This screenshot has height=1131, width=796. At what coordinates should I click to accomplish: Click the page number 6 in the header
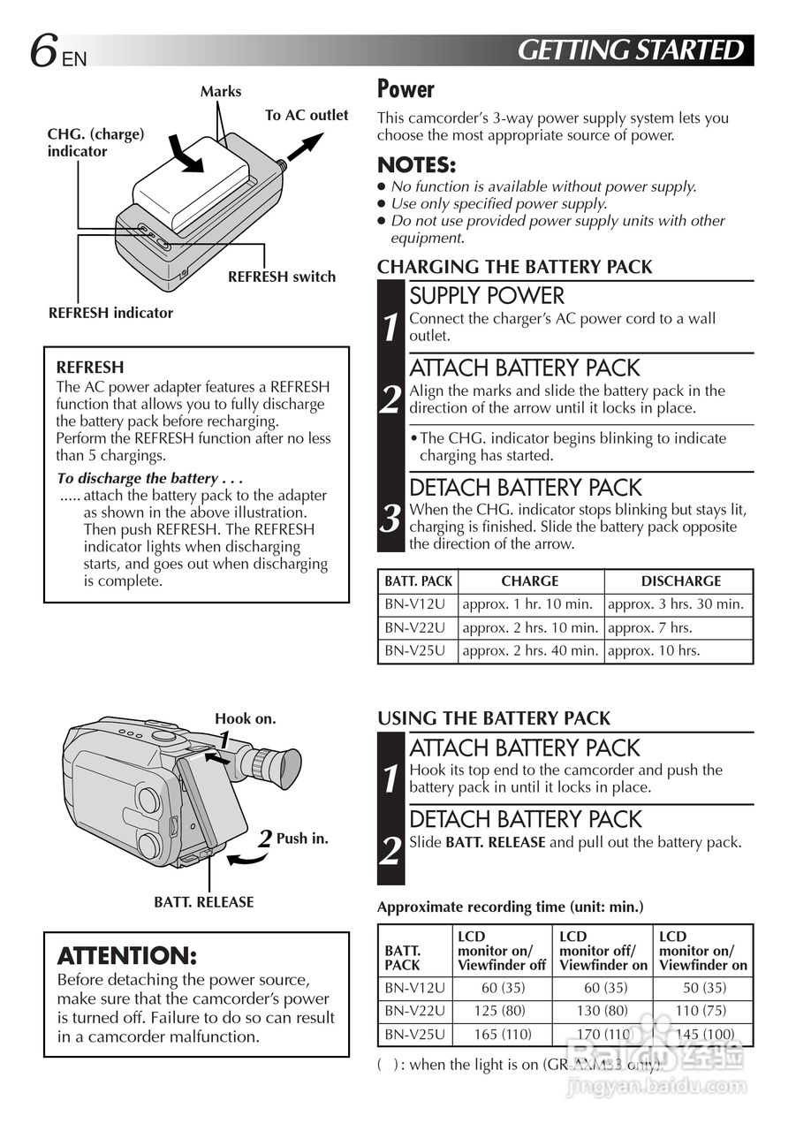pos(43,51)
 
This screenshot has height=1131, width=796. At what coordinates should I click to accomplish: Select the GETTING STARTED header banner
pos(630,50)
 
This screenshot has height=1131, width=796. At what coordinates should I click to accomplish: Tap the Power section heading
pos(406,89)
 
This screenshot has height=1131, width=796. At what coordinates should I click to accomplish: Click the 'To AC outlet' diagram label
pos(307,115)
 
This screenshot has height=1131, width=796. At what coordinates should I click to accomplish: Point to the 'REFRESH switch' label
pos(282,277)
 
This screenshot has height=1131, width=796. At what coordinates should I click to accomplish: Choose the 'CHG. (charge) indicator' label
pos(95,142)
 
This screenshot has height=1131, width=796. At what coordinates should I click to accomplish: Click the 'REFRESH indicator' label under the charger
pos(110,312)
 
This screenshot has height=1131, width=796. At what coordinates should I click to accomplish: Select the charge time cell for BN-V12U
pos(529,604)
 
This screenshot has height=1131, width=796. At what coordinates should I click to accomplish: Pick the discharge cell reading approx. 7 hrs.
pos(649,628)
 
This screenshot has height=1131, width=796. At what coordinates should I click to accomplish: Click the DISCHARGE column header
pos(680,581)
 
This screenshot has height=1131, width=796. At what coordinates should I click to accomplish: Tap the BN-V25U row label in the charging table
pos(414,651)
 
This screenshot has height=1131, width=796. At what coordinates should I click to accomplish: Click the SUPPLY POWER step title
pos(487,296)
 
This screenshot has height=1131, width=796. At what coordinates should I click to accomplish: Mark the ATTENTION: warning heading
pos(126,956)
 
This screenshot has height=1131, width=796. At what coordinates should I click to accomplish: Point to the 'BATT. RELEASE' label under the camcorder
pos(203,902)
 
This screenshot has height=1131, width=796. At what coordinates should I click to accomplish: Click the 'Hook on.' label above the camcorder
pos(246,719)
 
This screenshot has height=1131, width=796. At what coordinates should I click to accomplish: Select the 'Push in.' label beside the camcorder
pos(302,839)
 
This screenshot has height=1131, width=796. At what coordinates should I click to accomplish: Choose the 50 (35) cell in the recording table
pos(704,988)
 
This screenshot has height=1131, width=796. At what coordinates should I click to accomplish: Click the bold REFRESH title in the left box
pos(90,368)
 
